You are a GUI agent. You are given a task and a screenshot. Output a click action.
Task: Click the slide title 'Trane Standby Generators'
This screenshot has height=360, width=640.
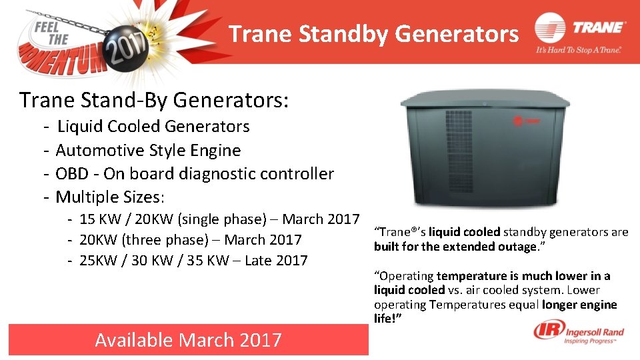pos(373,33)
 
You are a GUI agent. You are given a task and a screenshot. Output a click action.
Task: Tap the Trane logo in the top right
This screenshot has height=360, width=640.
pos(581,29)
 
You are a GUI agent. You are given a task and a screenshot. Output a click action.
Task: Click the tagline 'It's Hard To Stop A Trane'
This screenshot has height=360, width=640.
pos(579,51)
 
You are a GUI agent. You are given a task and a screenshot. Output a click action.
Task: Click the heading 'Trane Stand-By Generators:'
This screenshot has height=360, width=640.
pos(154,101)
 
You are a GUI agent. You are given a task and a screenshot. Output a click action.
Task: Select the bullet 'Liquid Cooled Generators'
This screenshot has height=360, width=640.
pos(153,127)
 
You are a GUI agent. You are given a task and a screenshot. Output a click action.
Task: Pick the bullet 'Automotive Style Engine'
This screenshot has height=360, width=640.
pos(148,150)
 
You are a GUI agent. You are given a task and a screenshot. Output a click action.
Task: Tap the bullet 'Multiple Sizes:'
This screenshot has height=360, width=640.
pos(110,197)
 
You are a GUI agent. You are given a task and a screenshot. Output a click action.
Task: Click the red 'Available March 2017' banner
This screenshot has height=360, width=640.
pos(188,340)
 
